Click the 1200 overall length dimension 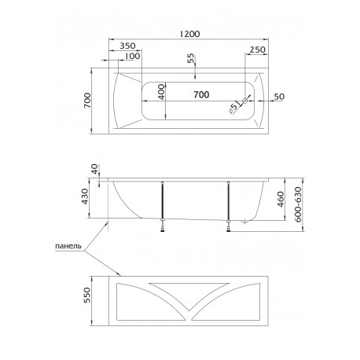click(x=189, y=34)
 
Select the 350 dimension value click(x=127, y=46)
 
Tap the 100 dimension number click(x=132, y=56)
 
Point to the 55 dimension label click(x=191, y=58)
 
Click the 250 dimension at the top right click(x=257, y=50)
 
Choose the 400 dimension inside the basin click(x=162, y=92)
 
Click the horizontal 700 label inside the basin click(x=201, y=94)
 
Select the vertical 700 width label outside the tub click(x=87, y=101)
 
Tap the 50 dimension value click(x=279, y=97)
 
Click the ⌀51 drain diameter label click(x=234, y=108)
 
